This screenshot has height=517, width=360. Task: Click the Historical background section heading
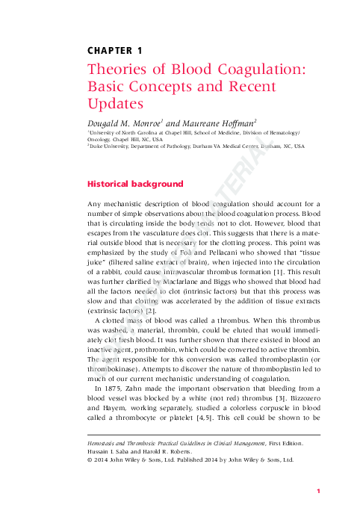click(134, 183)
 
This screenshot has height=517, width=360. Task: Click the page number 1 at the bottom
click(318, 491)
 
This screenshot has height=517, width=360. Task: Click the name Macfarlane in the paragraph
click(179, 286)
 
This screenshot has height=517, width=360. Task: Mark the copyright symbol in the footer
click(90, 460)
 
